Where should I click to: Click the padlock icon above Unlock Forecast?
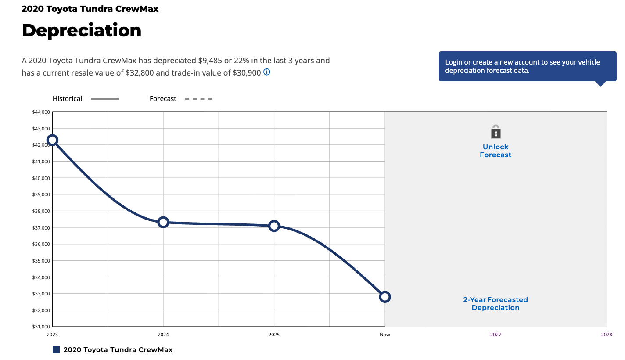coord(496,132)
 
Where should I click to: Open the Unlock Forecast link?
coord(496,151)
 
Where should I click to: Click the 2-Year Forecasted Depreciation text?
coord(496,304)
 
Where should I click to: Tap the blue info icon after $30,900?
coord(267,72)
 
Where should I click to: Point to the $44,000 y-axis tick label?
coord(41,112)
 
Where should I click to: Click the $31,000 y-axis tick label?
coord(41,327)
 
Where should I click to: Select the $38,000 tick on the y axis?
coord(41,211)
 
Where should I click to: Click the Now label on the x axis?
coord(385,335)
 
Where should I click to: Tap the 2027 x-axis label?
coord(496,335)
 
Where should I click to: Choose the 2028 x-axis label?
coord(607,335)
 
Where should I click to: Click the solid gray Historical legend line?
coord(105,99)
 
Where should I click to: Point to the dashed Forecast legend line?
coord(199,99)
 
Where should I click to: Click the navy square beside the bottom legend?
coord(56,349)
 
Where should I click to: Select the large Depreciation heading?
coord(82,30)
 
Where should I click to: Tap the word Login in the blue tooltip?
coord(454,62)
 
